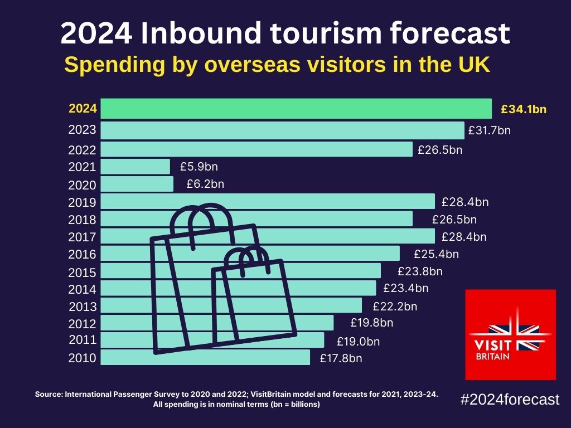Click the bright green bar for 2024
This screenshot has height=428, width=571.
click(296, 109)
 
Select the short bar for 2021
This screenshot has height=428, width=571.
click(136, 167)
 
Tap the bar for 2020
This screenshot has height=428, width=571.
click(137, 184)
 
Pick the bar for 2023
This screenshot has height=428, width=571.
click(282, 130)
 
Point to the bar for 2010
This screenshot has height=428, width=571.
click(205, 357)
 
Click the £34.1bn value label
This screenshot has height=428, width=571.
click(524, 109)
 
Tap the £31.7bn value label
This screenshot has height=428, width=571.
click(489, 130)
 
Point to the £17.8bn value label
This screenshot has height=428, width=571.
click(341, 358)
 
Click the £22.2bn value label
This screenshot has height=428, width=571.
click(395, 306)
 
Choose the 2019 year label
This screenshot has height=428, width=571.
click(82, 202)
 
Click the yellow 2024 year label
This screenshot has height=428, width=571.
click(83, 109)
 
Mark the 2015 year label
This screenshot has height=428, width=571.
click(82, 273)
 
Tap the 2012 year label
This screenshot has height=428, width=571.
click(82, 324)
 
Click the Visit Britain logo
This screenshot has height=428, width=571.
click(511, 334)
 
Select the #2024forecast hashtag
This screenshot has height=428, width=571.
click(510, 400)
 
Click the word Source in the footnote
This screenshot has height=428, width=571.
click(49, 394)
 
